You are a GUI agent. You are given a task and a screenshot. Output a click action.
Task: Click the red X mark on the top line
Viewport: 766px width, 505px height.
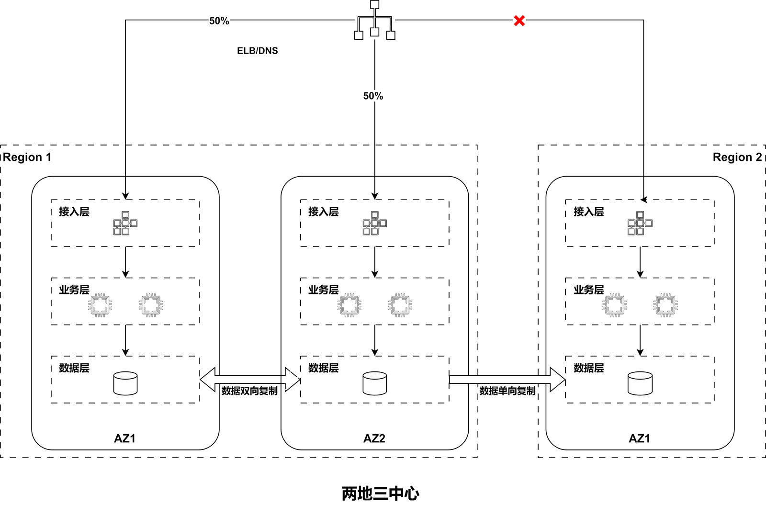[x=519, y=21]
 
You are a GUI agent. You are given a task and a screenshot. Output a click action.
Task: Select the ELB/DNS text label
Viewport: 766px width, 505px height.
[x=258, y=51]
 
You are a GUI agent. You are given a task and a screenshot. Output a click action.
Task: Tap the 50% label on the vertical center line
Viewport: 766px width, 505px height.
[x=373, y=96]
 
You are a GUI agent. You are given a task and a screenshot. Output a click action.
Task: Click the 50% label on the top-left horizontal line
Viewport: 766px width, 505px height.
[x=219, y=21]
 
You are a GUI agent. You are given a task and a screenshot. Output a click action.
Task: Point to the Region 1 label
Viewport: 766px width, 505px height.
[x=27, y=157]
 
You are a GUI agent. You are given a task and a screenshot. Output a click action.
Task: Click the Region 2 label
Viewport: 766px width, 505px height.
[x=737, y=157]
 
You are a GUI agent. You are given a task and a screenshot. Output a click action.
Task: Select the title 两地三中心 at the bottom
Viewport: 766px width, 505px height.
[x=381, y=494]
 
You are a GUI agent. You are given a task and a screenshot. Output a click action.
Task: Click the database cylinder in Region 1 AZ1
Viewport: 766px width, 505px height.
[x=125, y=383]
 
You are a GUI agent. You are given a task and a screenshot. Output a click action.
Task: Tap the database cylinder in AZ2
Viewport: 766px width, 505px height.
[x=375, y=383]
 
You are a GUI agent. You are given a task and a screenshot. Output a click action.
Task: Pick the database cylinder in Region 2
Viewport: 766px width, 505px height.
[x=640, y=383]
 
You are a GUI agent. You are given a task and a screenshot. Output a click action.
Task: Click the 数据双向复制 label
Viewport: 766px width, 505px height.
[x=249, y=391]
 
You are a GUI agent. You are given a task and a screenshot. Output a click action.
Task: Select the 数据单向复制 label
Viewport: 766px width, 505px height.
[x=507, y=391]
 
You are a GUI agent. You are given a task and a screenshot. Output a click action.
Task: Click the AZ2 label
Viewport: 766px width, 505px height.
[x=374, y=438]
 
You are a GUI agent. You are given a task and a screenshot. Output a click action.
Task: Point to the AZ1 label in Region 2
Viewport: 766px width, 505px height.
[x=640, y=438]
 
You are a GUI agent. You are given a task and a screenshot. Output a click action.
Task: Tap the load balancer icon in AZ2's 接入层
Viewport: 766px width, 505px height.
[x=375, y=224]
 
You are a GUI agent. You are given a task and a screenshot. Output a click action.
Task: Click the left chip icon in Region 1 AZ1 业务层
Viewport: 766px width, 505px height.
[x=100, y=305]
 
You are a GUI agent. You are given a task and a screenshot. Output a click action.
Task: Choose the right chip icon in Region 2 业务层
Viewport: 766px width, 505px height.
[x=665, y=305]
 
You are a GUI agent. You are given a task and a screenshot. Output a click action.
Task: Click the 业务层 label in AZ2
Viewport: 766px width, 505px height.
[x=324, y=290]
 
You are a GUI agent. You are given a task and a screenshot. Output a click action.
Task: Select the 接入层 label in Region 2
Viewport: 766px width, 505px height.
[x=589, y=212]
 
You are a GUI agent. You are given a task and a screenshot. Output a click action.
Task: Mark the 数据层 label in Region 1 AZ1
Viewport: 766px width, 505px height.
[x=74, y=368]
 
